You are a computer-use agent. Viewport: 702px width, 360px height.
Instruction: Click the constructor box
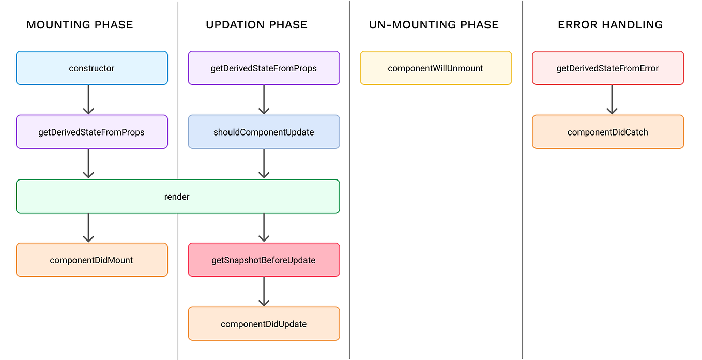(x=91, y=68)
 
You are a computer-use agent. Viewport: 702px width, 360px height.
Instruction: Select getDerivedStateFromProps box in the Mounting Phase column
(x=91, y=132)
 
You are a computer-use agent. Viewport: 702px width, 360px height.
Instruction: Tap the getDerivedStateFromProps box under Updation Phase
(x=264, y=68)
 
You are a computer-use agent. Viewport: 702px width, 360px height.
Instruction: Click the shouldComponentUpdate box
(x=264, y=132)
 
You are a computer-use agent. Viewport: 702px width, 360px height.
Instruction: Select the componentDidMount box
(x=91, y=260)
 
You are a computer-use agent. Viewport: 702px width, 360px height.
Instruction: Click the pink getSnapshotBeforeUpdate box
(x=264, y=260)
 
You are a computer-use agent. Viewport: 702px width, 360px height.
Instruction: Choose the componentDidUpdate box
(x=264, y=324)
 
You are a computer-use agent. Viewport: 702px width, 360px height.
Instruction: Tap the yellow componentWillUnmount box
(x=436, y=68)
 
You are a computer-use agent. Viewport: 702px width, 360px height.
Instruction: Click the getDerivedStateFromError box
(x=608, y=68)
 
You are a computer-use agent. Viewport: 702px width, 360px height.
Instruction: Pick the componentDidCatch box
(x=608, y=132)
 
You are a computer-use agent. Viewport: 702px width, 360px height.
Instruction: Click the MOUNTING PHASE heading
(x=80, y=24)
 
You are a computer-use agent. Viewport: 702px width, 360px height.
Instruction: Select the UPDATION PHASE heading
(x=256, y=24)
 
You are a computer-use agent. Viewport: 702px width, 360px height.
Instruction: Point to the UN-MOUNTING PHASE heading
(x=434, y=24)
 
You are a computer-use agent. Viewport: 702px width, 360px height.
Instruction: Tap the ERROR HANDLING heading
(x=610, y=24)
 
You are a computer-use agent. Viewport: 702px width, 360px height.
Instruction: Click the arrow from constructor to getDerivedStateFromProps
(x=88, y=99)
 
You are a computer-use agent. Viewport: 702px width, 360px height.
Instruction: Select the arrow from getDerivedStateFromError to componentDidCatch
(x=612, y=99)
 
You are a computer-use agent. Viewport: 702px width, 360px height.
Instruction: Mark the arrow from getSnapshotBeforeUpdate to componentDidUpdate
(x=264, y=291)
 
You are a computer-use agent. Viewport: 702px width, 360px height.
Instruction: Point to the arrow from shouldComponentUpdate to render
(x=264, y=163)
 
